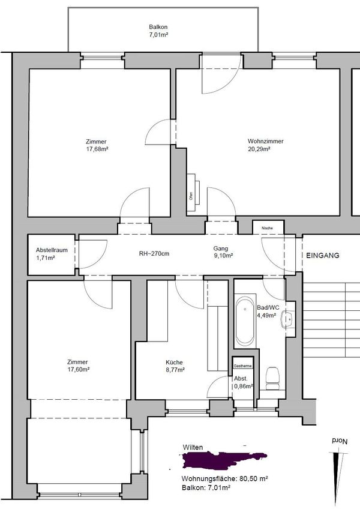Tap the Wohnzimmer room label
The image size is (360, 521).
(265, 142)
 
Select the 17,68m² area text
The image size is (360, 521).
(97, 149)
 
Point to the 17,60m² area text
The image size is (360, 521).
(78, 370)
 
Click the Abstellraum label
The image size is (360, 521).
(51, 249)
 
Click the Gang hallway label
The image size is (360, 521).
(220, 248)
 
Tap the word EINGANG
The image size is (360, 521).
(323, 255)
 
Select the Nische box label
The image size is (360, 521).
(267, 228)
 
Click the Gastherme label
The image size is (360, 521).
(242, 366)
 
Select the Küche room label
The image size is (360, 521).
(174, 362)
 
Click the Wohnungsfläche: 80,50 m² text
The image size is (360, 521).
(224, 479)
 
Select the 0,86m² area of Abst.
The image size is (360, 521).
(241, 387)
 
